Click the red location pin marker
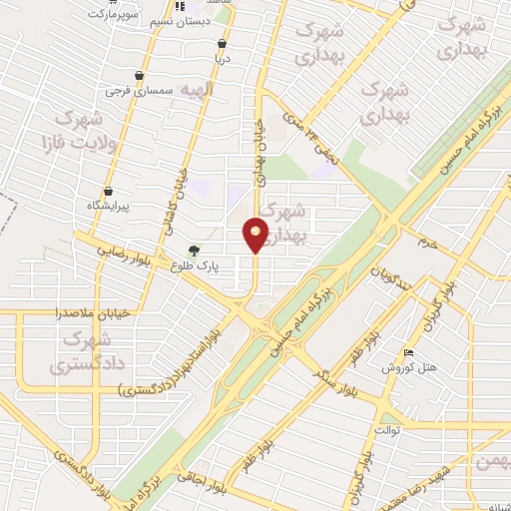(x=256, y=235)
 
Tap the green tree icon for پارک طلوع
(x=195, y=252)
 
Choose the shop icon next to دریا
(x=222, y=43)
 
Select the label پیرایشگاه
(x=108, y=207)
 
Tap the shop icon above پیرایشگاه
(x=108, y=192)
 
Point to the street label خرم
(x=429, y=243)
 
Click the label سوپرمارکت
(x=115, y=16)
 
